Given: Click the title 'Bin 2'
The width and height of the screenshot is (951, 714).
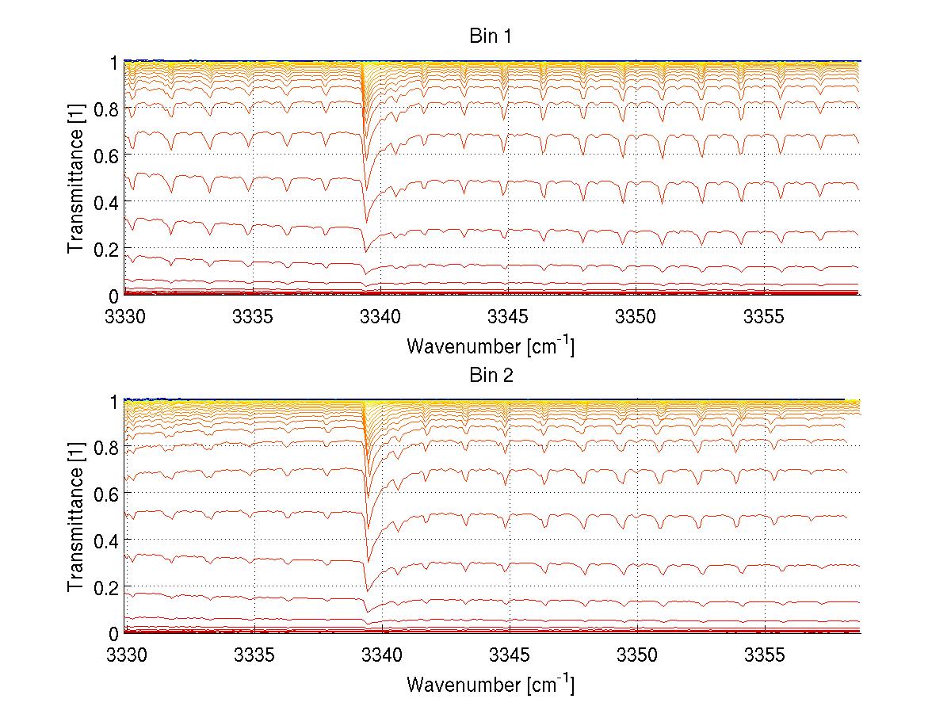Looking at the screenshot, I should (x=491, y=376).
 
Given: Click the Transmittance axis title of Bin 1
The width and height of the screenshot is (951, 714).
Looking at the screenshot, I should (x=76, y=178).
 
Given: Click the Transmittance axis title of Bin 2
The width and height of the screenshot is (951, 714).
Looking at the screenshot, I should (x=76, y=517).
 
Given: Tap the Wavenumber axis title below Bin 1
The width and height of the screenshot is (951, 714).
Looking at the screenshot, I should (x=491, y=346).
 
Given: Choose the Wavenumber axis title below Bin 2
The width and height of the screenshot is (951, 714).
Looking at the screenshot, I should (x=491, y=684).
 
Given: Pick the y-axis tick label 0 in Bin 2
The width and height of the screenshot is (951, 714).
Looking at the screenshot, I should (x=114, y=634).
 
